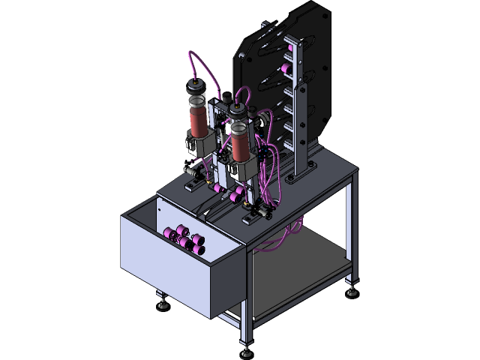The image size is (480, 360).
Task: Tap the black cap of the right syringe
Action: click(238, 117)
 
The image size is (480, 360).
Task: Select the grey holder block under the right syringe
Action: click(241, 171)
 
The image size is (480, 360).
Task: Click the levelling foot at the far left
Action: click(160, 303)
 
